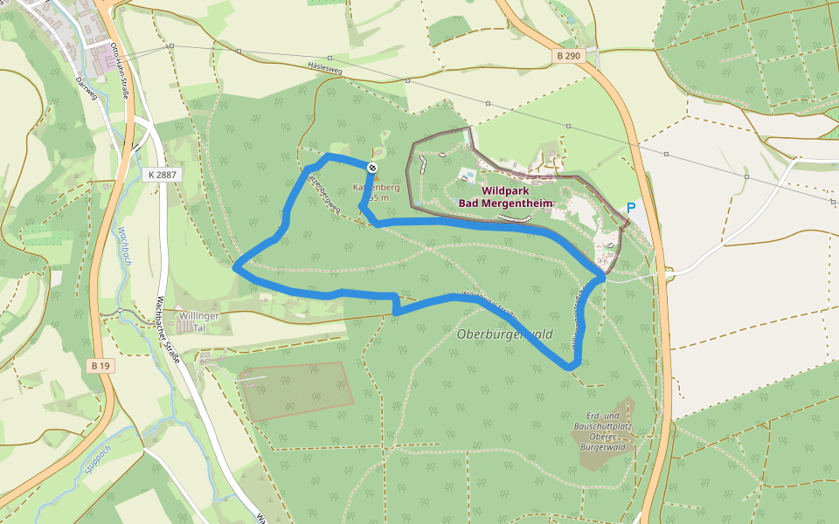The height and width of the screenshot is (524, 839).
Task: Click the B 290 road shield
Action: tap(567, 56)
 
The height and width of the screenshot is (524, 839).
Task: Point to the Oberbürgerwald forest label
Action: tap(504, 334)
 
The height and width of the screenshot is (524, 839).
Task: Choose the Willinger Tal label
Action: tap(192, 321)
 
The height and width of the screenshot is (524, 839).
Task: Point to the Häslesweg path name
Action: tap(324, 68)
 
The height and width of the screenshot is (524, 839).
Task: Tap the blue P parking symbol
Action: tap(630, 209)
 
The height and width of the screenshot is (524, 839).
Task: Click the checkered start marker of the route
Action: tap(373, 167)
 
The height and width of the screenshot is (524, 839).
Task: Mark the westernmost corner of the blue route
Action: tap(236, 268)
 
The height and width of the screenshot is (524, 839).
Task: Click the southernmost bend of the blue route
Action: tap(570, 367)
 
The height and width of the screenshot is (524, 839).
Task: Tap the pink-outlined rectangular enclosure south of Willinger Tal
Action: tap(296, 390)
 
